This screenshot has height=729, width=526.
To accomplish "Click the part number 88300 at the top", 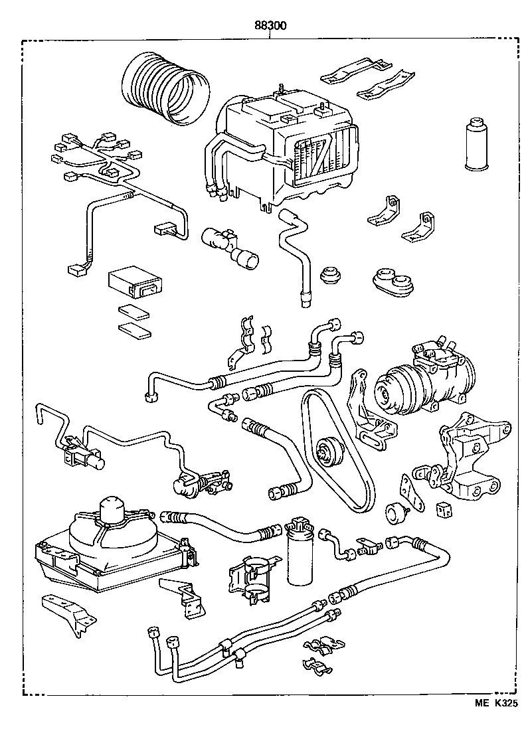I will coord(270,27).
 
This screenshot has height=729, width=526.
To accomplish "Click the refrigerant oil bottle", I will coord(475,145).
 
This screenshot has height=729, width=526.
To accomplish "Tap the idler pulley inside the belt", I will coord(326,452).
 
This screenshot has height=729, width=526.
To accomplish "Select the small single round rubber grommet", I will coord(330,275).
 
